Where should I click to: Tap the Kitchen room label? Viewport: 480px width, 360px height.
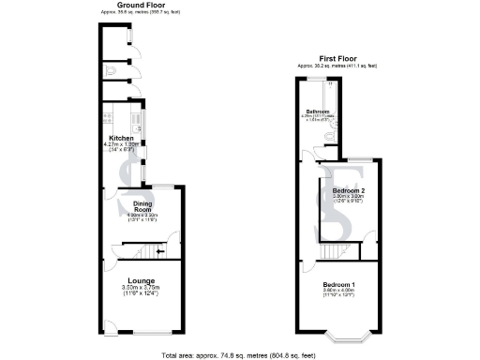click(x=122, y=138)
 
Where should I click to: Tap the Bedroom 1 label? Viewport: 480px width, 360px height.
click(x=340, y=283)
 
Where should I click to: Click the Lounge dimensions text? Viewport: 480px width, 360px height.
click(x=141, y=292)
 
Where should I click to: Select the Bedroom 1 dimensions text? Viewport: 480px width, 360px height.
click(x=340, y=294)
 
